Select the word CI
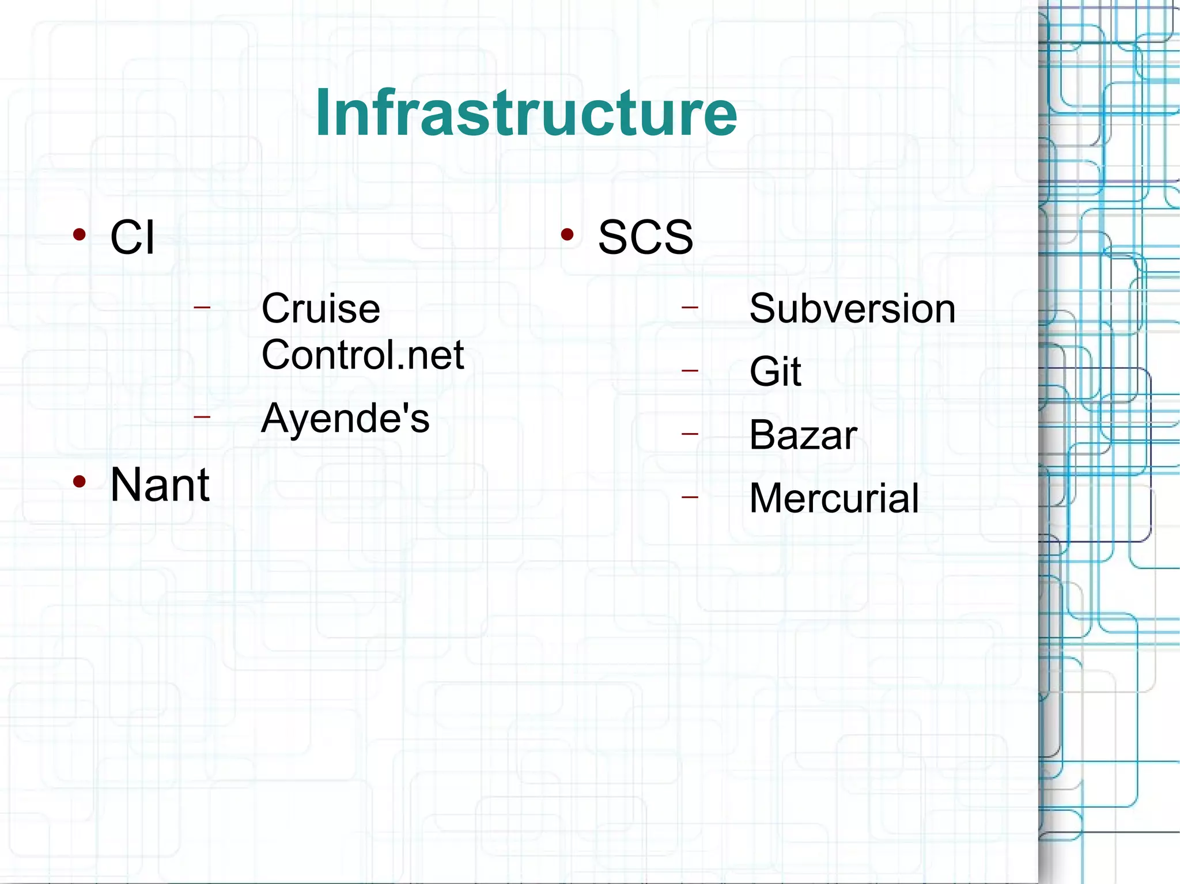tap(132, 237)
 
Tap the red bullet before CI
tap(80, 234)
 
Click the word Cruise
tap(320, 309)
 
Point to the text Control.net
tap(362, 355)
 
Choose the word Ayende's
tap(345, 418)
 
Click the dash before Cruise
tap(202, 307)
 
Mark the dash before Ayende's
tap(202, 416)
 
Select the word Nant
tap(160, 485)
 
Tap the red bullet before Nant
tap(80, 482)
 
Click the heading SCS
tap(645, 237)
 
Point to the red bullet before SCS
tap(568, 234)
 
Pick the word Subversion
tap(852, 309)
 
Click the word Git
tap(775, 371)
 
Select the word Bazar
tap(803, 435)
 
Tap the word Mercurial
tap(834, 498)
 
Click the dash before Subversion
tap(690, 308)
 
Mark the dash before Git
tap(690, 370)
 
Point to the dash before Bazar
tap(690, 434)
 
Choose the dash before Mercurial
tap(690, 496)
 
